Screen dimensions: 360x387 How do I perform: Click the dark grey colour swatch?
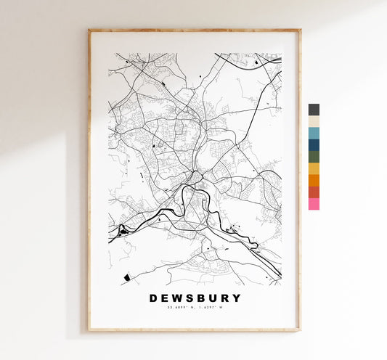pyautogui.click(x=314, y=110)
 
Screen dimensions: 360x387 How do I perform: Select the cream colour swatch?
pyautogui.click(x=314, y=121)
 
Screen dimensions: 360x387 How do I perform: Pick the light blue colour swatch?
pyautogui.click(x=314, y=133)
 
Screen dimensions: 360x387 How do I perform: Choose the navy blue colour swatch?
pyautogui.click(x=314, y=144)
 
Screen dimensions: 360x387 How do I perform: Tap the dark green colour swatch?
pyautogui.click(x=314, y=157)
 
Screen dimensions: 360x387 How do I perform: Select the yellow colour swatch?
pyautogui.click(x=314, y=168)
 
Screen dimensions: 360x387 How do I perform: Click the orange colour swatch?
pyautogui.click(x=314, y=180)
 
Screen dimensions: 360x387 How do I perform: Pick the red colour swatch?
pyautogui.click(x=314, y=192)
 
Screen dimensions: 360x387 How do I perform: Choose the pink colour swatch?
pyautogui.click(x=314, y=204)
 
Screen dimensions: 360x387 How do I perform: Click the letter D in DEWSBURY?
pyautogui.click(x=153, y=298)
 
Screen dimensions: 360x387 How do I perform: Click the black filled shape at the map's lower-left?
pyautogui.click(x=127, y=277)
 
